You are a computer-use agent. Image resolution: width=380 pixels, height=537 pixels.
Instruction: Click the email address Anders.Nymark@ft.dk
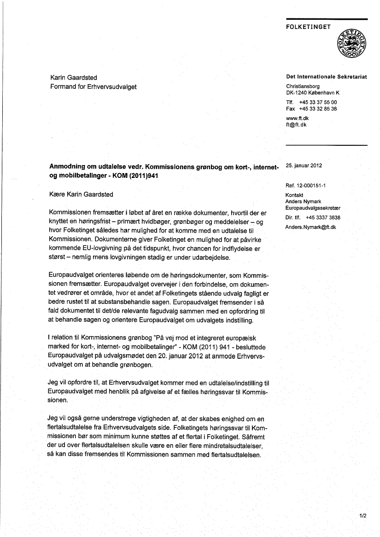[x=310, y=227]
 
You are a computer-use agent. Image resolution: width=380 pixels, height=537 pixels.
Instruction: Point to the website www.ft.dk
[x=297, y=119]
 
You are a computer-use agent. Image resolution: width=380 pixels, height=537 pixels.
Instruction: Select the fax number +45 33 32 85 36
[x=318, y=109]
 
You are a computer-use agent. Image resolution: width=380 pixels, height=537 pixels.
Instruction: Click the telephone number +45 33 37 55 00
[x=318, y=103]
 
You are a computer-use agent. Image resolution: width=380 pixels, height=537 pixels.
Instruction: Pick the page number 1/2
[x=362, y=516]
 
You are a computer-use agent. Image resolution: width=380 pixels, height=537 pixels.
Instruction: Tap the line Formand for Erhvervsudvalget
[x=93, y=86]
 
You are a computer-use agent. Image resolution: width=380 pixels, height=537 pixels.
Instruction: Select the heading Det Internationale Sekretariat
[x=326, y=77]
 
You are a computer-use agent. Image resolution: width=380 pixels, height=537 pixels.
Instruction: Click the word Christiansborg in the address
[x=303, y=86]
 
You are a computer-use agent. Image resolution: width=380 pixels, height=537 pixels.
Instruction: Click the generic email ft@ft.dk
[x=296, y=125]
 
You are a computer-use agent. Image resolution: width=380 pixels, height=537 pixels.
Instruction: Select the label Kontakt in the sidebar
[x=294, y=195]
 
